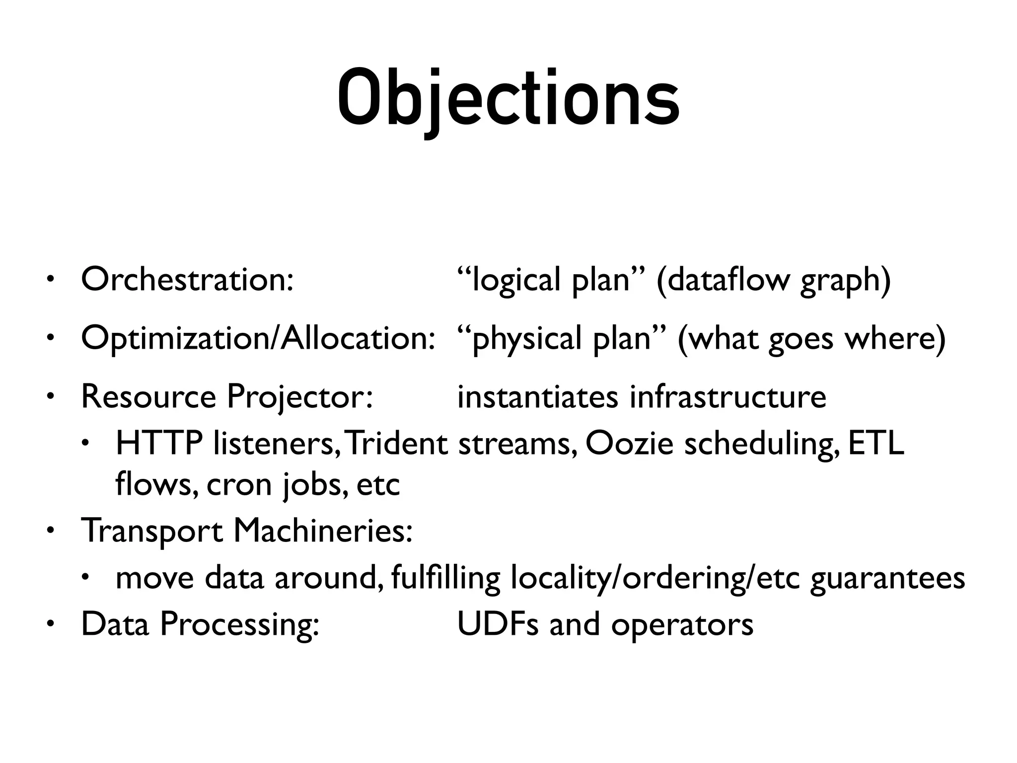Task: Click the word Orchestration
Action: tap(187, 280)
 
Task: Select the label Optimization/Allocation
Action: tap(258, 338)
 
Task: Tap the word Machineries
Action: tap(323, 531)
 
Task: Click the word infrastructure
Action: tap(728, 397)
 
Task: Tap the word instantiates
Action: tap(537, 397)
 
